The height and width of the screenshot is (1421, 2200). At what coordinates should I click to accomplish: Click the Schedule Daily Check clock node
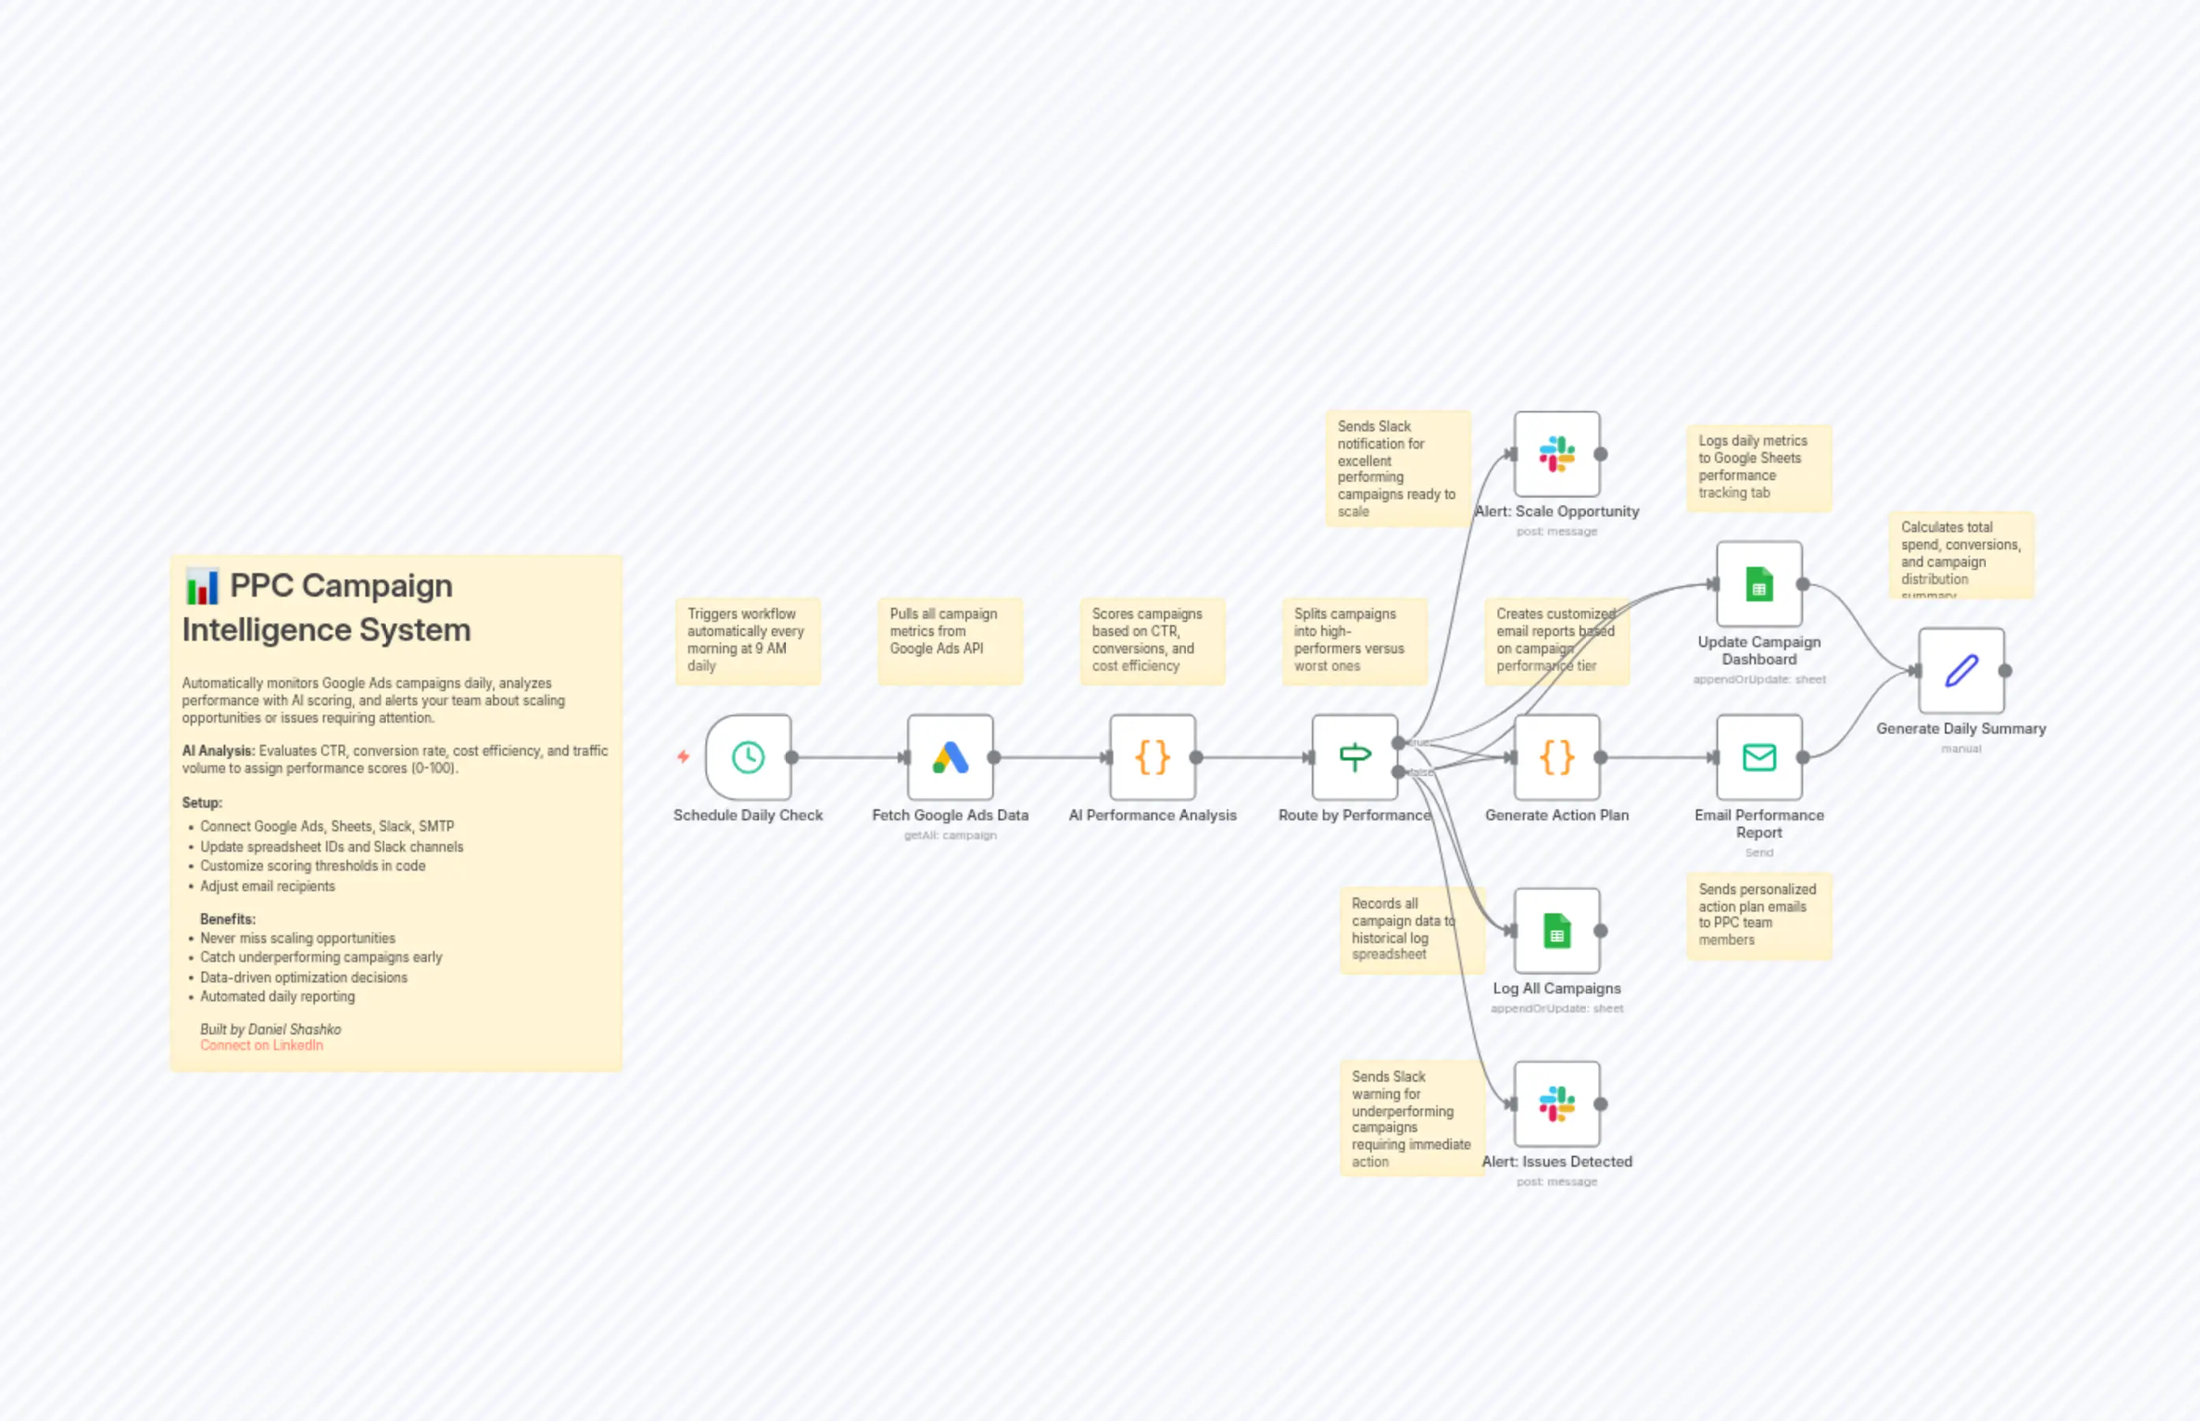pos(747,757)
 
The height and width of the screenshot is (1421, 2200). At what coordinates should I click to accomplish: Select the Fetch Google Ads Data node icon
pos(950,757)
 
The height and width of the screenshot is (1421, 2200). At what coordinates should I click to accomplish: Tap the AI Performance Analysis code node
pos(1153,757)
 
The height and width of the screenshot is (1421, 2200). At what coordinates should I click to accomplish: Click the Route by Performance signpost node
pos(1354,757)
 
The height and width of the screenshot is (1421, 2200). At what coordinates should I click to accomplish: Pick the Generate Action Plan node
pos(1557,757)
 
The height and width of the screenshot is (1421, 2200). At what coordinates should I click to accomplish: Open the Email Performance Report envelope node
pos(1759,757)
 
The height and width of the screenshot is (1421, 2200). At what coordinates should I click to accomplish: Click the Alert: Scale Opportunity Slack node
pos(1557,454)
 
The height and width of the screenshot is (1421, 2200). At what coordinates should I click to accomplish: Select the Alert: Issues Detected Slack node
pos(1557,1104)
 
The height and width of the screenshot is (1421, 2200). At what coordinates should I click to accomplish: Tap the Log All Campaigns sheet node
pos(1557,931)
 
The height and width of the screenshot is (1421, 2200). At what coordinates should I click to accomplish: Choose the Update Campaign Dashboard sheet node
pos(1759,584)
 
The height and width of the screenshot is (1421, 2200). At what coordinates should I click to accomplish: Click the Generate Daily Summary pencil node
pos(1961,671)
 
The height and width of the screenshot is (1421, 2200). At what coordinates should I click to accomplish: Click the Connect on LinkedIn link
pos(261,1045)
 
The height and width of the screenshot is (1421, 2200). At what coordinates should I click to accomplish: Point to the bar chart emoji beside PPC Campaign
pos(201,587)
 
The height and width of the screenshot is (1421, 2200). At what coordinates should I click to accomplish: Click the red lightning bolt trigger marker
pos(683,757)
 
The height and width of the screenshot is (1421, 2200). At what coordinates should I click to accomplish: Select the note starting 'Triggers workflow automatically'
pos(746,639)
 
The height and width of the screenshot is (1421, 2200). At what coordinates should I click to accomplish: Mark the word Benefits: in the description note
pos(227,919)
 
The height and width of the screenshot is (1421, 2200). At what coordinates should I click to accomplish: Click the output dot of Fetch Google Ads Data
pos(994,757)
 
